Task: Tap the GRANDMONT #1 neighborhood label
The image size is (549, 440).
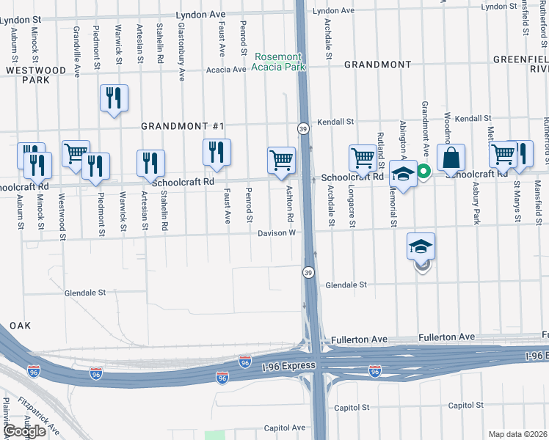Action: tap(182, 126)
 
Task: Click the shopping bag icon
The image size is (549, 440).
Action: tap(451, 158)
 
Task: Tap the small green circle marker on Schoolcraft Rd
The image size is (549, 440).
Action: tap(423, 172)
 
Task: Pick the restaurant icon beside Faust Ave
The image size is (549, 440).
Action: tap(217, 152)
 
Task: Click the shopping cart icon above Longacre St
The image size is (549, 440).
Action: tap(363, 158)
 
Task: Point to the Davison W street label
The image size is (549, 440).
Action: tap(277, 233)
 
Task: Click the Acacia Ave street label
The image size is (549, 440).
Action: tap(226, 70)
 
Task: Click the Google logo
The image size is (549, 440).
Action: tap(25, 431)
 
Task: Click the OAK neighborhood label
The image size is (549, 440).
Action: tap(18, 326)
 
